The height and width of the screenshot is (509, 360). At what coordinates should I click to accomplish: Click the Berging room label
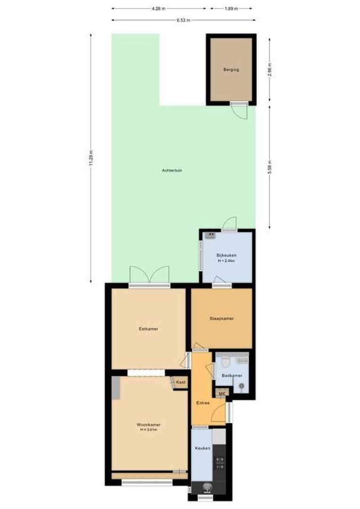[231, 70]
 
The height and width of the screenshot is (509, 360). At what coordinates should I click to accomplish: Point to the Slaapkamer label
[221, 319]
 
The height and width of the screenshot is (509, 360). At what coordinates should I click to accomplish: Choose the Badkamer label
[232, 376]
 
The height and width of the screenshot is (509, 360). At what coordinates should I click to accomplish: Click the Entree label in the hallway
[203, 403]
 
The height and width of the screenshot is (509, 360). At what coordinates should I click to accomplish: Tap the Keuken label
[203, 448]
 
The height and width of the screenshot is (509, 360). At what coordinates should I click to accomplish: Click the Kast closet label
[180, 383]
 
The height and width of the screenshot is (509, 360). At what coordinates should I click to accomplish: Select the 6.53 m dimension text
[183, 20]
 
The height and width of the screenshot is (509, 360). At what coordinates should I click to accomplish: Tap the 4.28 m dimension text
[159, 8]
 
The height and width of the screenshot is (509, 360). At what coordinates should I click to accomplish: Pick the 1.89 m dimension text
[231, 8]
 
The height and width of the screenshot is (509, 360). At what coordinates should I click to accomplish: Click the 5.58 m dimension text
[270, 167]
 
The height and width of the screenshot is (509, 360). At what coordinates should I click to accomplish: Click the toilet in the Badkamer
[225, 362]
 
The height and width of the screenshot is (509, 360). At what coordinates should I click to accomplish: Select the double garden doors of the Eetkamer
[149, 276]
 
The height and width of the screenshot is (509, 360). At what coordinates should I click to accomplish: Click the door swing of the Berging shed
[239, 112]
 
